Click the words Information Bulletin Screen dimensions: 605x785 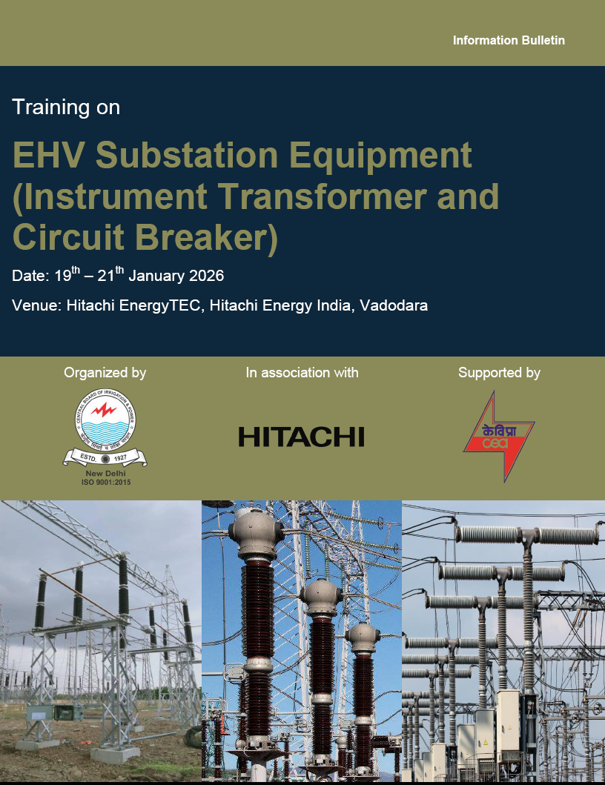509,40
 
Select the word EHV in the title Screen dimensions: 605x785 48,155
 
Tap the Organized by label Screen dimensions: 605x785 105,372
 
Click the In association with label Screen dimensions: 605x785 302,372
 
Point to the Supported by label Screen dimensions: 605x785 499,372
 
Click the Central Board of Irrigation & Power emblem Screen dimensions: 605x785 105,428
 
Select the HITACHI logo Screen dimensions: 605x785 302,437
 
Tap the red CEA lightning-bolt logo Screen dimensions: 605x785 499,437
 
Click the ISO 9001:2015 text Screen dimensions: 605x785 106,482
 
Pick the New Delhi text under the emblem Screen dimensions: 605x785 106,473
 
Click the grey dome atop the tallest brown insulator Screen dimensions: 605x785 257,533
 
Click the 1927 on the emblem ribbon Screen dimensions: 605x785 120,457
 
